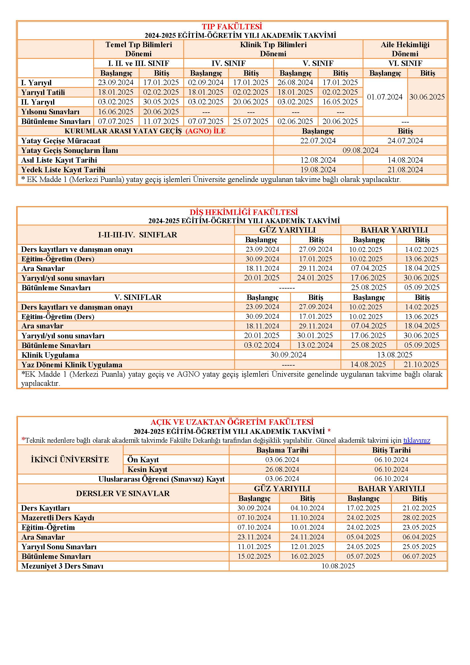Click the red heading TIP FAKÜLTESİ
[232, 27]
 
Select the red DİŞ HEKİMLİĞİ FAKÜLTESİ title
[244, 212]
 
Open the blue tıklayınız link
[417, 440]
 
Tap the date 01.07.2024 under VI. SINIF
[385, 97]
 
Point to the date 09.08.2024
[360, 150]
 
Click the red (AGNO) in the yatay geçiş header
[198, 131]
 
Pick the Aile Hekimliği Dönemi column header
[405, 49]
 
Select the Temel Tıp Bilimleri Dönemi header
[139, 49]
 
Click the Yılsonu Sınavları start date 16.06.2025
[116, 112]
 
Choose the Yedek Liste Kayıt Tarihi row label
[63, 170]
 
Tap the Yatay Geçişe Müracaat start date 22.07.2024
[318, 141]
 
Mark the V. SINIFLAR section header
[138, 297]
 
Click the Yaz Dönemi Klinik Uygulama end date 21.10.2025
[422, 365]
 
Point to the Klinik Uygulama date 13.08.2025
[394, 355]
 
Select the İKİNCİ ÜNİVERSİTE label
[70, 460]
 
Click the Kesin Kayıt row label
[147, 469]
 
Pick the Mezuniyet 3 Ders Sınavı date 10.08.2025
[338, 566]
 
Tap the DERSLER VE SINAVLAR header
[123, 494]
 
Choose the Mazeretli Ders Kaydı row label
[58, 517]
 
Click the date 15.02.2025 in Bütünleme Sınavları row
[254, 556]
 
